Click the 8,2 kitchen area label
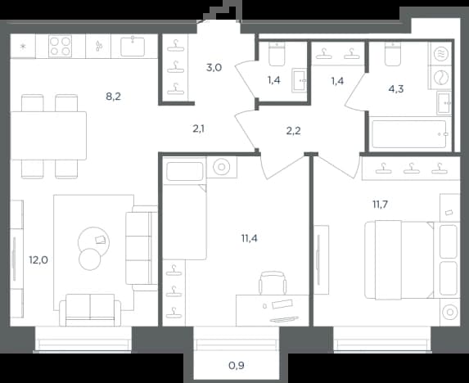click(x=113, y=97)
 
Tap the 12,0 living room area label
click(x=38, y=260)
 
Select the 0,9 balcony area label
click(x=237, y=365)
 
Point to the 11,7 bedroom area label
click(x=380, y=205)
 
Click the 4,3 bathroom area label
click(x=396, y=89)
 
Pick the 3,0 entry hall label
click(x=214, y=68)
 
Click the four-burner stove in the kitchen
click(x=60, y=46)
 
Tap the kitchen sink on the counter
click(x=133, y=47)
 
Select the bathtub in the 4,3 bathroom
click(x=409, y=134)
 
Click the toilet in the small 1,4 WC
click(x=277, y=53)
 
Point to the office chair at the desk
click(x=273, y=283)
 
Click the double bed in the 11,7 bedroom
click(x=412, y=259)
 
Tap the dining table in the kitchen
click(x=48, y=136)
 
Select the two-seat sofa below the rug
click(x=90, y=310)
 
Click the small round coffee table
click(x=90, y=259)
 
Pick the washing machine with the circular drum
click(x=441, y=78)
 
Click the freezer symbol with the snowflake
click(x=23, y=46)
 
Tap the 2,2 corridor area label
click(x=293, y=131)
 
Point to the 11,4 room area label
click(x=249, y=238)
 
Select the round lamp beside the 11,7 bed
click(x=450, y=313)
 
